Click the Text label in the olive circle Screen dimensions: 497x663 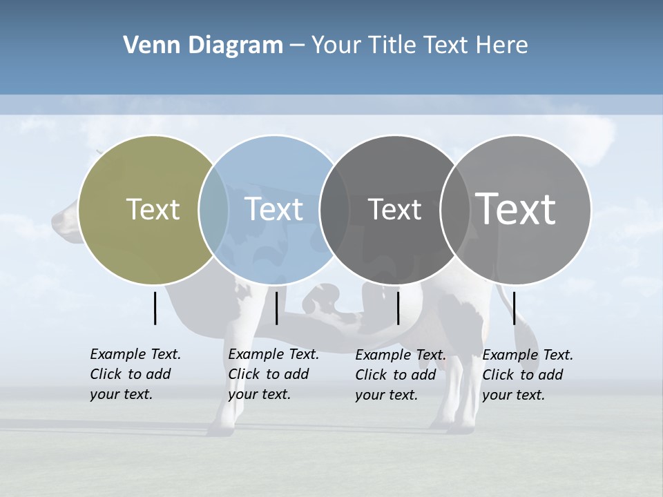coord(153,209)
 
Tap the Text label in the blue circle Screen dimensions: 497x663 coord(273,209)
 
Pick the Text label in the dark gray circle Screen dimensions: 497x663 coord(394,210)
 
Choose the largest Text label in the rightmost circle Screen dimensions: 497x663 coord(516,209)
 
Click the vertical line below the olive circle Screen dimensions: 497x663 coord(155,308)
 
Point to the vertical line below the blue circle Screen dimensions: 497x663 coord(276,308)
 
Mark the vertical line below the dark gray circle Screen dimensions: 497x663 coord(398,308)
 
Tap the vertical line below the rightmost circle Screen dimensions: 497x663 coord(514,308)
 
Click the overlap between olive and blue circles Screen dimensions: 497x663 coord(213,210)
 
